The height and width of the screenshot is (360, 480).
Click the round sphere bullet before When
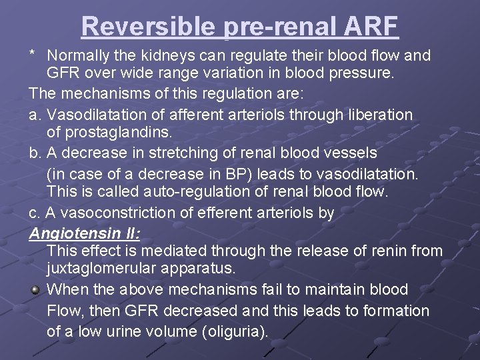pos(35,291)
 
